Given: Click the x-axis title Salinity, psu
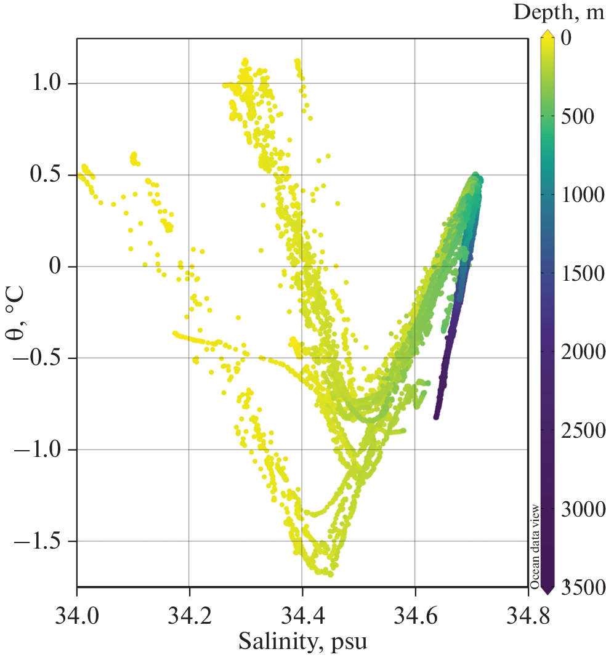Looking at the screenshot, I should [302, 642].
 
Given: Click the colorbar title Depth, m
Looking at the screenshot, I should [559, 12].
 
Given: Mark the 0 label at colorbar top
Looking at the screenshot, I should [567, 38].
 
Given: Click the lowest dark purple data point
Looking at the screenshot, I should [436, 417].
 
